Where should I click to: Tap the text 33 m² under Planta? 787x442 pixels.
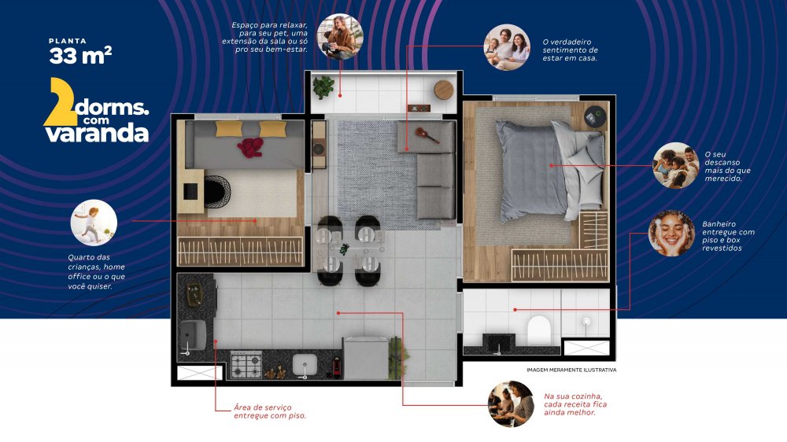(x=80, y=56)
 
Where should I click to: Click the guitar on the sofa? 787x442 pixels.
(x=427, y=134)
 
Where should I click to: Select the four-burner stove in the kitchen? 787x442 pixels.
(x=246, y=365)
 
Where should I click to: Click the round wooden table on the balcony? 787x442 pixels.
(x=444, y=90)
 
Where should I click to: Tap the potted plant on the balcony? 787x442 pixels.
(x=323, y=87)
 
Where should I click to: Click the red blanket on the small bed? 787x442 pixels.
(x=250, y=147)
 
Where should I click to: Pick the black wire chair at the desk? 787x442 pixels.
(x=217, y=191)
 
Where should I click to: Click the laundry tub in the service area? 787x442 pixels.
(x=193, y=335)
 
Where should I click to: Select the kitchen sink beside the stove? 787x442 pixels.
(x=305, y=365)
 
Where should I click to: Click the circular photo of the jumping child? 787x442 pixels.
(x=94, y=223)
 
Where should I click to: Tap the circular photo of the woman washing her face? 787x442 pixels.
(x=671, y=234)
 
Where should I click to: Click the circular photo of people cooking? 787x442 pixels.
(x=511, y=404)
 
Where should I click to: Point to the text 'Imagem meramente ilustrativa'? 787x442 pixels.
(x=571, y=370)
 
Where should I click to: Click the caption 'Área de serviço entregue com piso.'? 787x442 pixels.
(x=269, y=411)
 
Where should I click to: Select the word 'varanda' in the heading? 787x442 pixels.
(x=97, y=134)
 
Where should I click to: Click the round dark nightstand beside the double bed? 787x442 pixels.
(x=595, y=116)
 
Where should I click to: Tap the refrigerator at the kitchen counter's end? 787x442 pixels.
(x=366, y=358)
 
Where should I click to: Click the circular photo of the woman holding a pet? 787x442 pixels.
(x=340, y=37)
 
